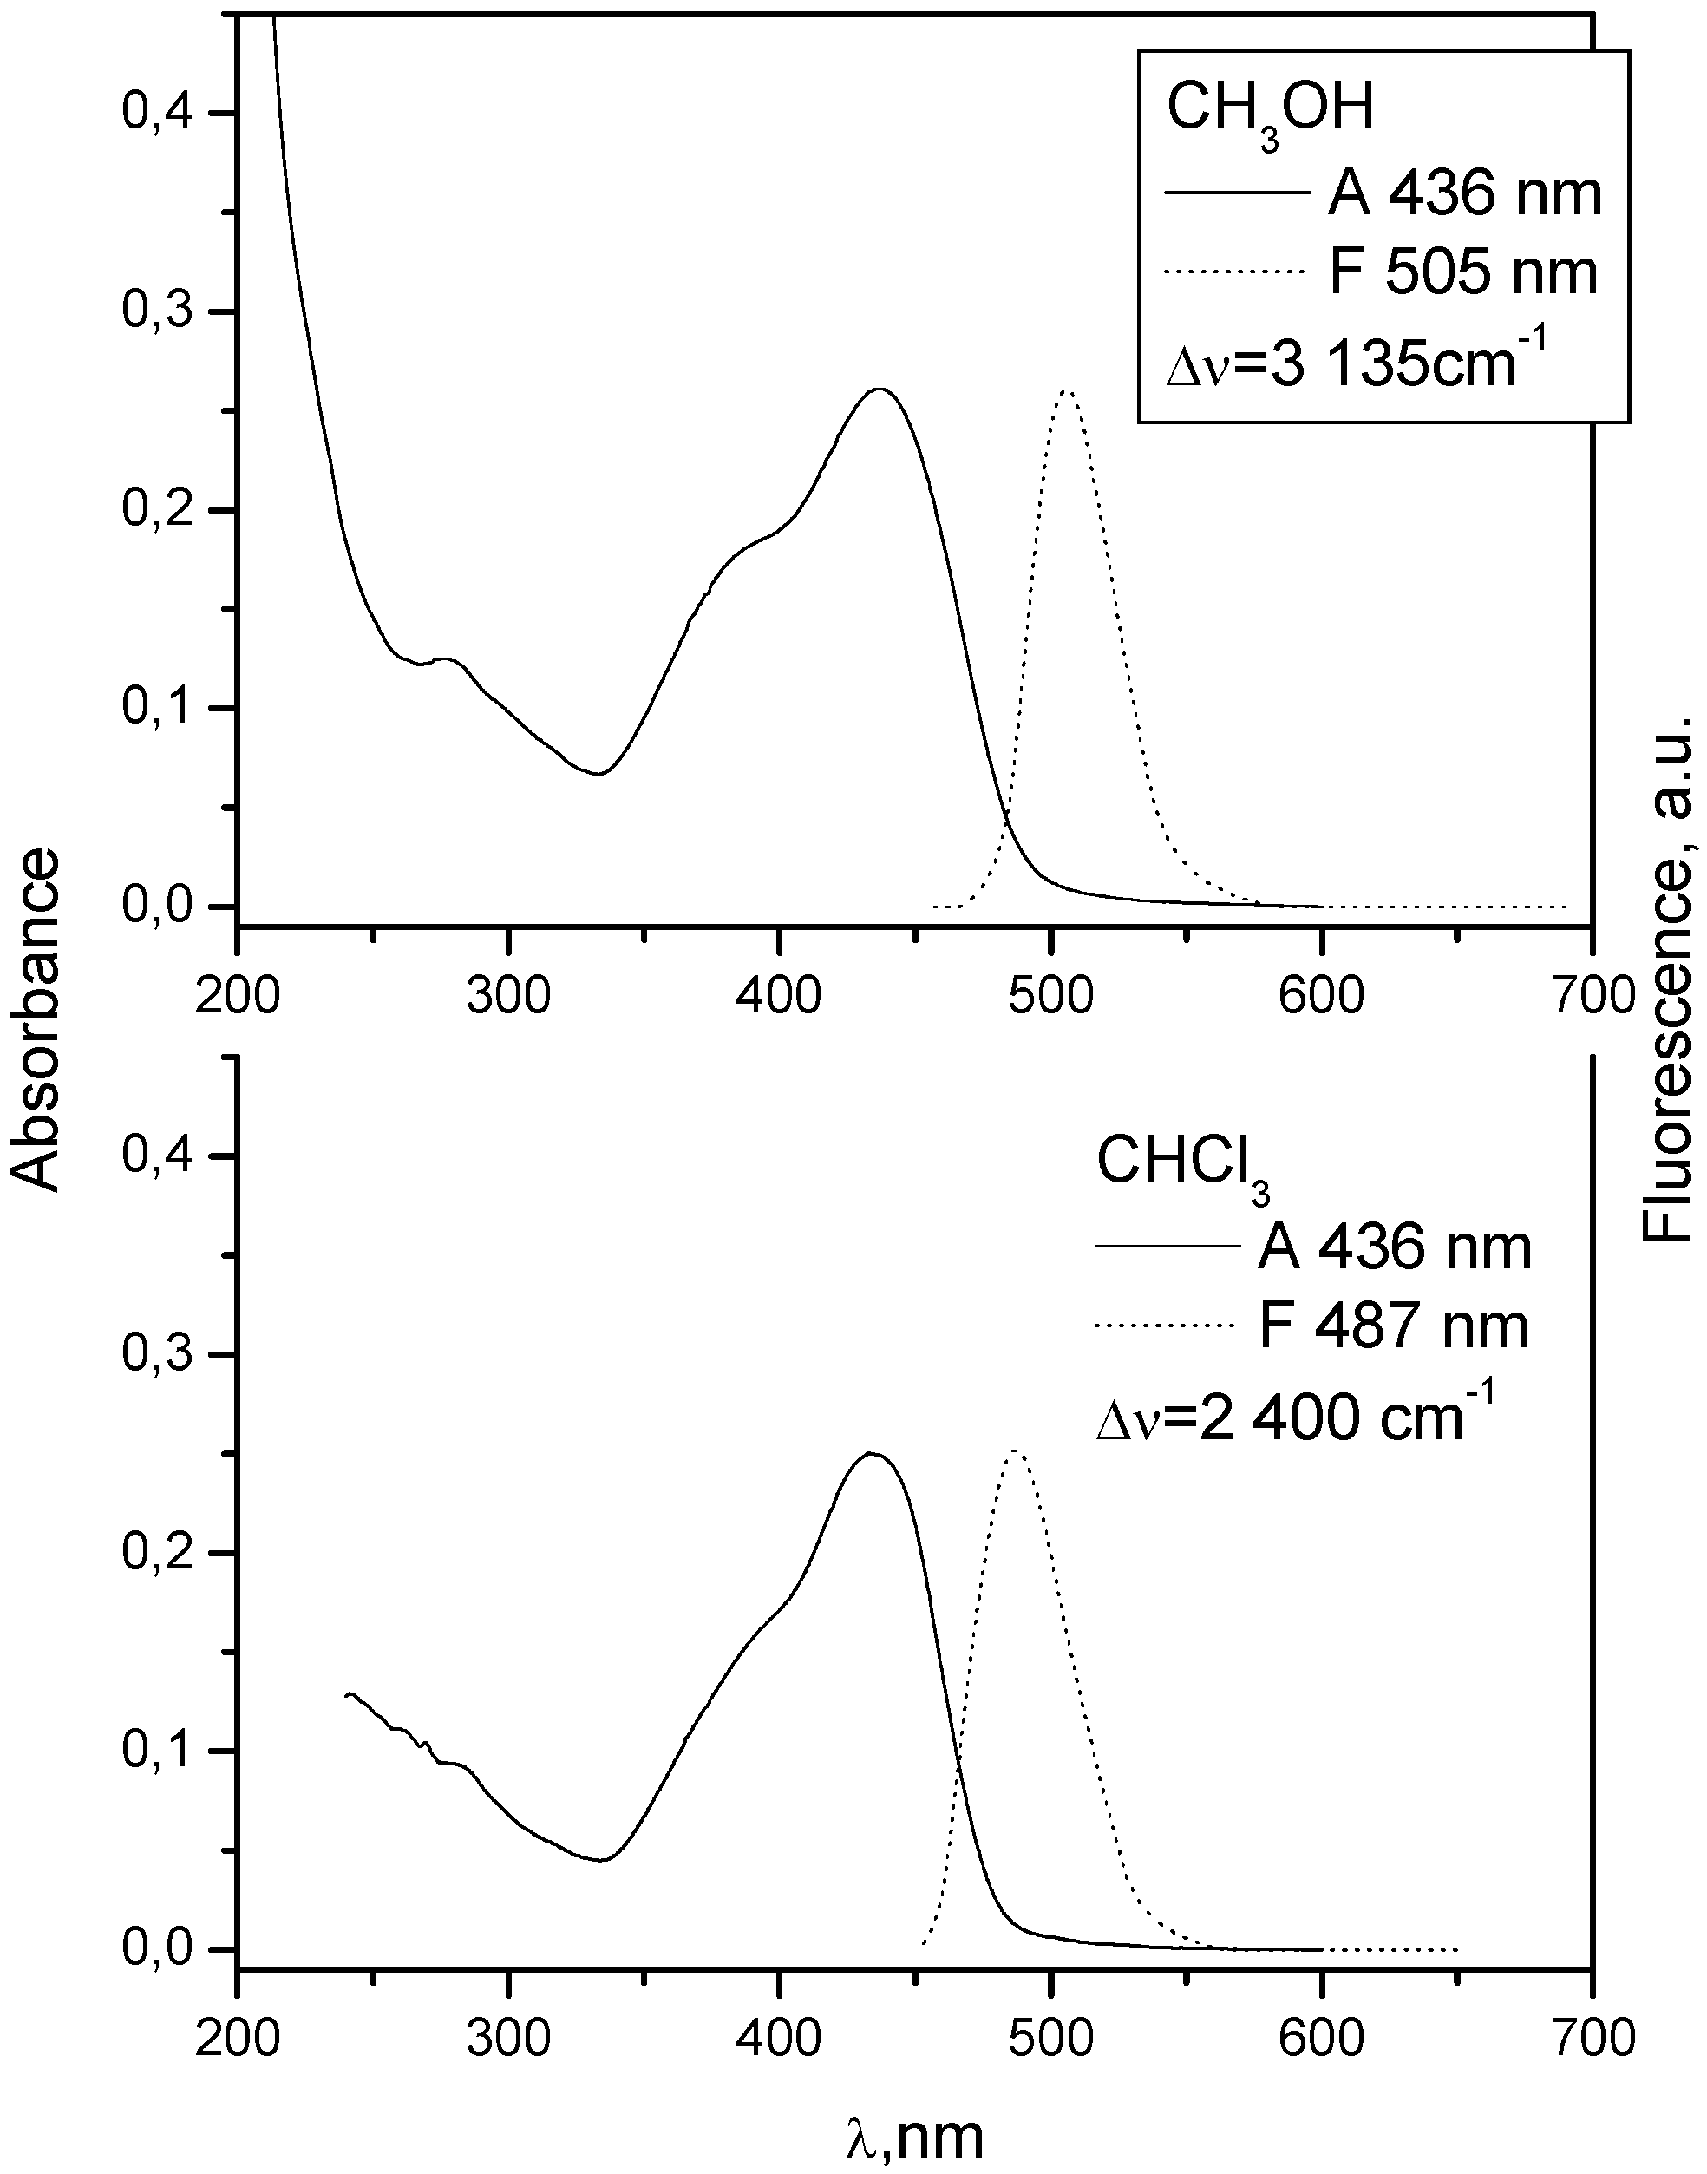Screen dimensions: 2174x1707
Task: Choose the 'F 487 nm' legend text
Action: (x=1393, y=1326)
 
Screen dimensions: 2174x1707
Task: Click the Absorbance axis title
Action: (x=38, y=1019)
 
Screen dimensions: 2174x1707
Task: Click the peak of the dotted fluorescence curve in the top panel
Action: (x=1065, y=391)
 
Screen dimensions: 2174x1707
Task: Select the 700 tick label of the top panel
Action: (x=1591, y=996)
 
